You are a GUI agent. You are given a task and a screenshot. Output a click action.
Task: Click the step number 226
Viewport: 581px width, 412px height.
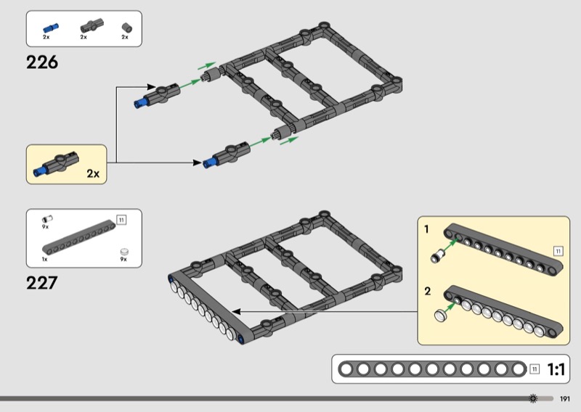coord(42,62)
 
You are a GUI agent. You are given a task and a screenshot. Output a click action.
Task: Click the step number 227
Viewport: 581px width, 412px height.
coord(42,283)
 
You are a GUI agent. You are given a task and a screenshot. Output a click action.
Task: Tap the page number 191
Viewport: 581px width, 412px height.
coord(565,399)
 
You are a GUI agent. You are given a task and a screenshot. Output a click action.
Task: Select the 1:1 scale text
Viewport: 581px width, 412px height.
coord(556,369)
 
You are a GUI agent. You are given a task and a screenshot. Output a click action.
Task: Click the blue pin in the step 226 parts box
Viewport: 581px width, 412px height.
coord(51,28)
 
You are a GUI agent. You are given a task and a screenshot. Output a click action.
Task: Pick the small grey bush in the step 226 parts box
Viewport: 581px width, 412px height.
coord(126,28)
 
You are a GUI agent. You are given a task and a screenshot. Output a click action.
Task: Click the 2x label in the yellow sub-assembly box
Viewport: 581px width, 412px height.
coord(93,173)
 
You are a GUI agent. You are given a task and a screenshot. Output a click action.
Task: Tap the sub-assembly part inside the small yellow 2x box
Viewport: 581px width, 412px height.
coord(56,164)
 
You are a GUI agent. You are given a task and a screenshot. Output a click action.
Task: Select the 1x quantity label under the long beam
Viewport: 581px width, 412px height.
coord(45,259)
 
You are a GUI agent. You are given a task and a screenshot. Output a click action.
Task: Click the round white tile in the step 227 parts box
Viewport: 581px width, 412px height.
coord(124,252)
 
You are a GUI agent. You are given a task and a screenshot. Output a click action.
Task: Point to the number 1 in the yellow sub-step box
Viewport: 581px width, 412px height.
coord(426,229)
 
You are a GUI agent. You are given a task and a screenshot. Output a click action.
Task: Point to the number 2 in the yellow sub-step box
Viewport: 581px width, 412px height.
coord(428,292)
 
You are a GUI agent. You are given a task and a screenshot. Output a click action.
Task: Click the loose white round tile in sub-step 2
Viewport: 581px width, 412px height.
coord(440,316)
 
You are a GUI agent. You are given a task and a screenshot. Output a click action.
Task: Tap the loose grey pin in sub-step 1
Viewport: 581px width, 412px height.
coord(437,256)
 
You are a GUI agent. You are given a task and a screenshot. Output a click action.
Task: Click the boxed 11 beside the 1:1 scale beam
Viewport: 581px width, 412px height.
coord(535,369)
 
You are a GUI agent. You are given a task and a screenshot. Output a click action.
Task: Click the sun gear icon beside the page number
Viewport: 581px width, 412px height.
coord(533,399)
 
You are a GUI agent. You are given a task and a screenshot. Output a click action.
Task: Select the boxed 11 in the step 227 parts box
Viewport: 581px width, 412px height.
coord(121,221)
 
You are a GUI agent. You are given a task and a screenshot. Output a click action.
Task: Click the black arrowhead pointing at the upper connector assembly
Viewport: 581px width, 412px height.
coord(151,87)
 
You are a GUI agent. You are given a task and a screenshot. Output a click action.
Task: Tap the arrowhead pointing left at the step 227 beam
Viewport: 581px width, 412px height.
coord(236,312)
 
